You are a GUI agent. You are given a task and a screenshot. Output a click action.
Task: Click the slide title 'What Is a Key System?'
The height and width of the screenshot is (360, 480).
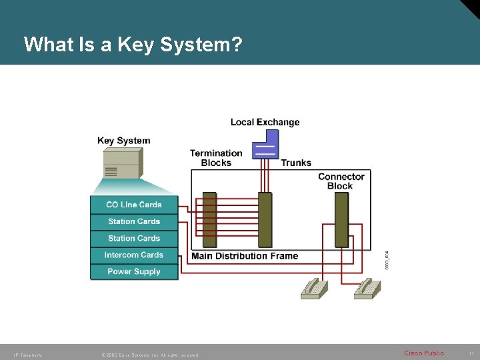click(x=133, y=45)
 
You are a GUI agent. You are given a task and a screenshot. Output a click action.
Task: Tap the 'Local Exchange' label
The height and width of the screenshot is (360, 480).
click(x=265, y=122)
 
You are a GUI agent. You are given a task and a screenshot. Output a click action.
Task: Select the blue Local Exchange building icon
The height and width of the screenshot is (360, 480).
click(x=266, y=145)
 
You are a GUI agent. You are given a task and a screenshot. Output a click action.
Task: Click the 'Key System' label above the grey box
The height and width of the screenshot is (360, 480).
click(x=123, y=141)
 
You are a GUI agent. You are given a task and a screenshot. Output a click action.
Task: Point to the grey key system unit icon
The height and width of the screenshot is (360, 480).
click(x=123, y=163)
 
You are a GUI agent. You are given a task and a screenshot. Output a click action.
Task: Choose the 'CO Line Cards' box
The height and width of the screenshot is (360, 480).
click(x=134, y=205)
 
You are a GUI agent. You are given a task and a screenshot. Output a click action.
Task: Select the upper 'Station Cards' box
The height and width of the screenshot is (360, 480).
click(x=134, y=221)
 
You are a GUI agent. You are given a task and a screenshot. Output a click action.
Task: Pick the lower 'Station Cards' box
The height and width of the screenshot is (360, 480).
click(x=134, y=238)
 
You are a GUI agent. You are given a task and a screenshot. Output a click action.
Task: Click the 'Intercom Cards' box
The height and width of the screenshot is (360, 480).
click(x=134, y=255)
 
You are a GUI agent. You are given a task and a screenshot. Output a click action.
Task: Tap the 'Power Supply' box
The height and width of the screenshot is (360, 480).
click(x=134, y=271)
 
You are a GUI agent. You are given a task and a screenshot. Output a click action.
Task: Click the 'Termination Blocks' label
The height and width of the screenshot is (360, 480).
click(x=216, y=158)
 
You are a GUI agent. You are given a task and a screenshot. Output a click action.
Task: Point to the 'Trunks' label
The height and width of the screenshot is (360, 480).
click(x=296, y=163)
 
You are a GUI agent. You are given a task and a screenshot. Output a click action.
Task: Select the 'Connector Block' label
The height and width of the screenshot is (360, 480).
click(x=341, y=181)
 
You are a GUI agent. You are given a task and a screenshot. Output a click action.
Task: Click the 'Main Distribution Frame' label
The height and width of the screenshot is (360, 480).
click(x=245, y=256)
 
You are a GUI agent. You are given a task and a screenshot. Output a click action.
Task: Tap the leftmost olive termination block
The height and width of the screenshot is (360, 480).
click(x=210, y=220)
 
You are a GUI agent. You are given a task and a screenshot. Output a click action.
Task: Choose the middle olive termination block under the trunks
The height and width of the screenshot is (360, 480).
click(x=265, y=220)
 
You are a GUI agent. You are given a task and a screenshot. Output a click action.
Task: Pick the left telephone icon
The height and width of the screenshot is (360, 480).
click(x=314, y=288)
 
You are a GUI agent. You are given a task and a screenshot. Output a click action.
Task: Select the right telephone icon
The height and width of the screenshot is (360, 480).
click(x=367, y=288)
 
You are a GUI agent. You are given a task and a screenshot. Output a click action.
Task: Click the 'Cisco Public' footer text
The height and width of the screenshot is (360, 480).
click(x=423, y=353)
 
